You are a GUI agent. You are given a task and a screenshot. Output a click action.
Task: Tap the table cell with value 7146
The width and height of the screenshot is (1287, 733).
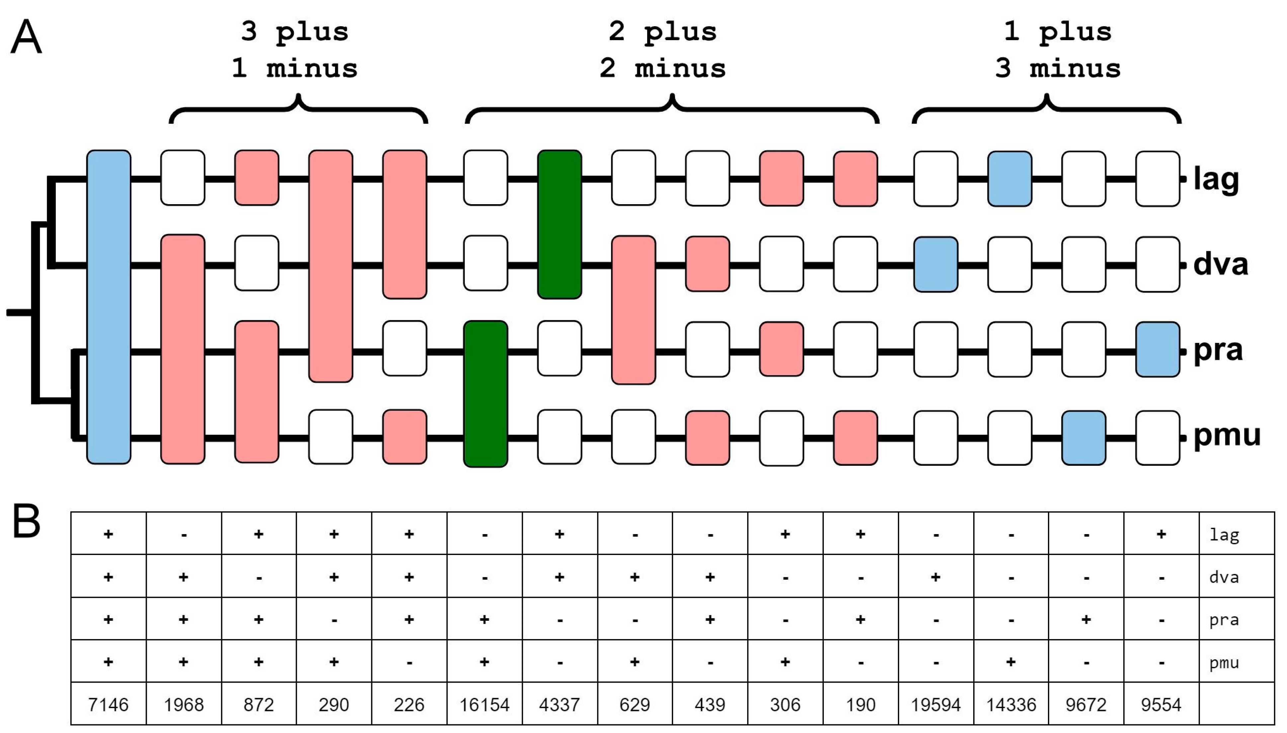click(108, 704)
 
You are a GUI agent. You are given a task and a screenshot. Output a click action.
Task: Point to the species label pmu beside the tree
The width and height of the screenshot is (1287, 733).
click(1227, 436)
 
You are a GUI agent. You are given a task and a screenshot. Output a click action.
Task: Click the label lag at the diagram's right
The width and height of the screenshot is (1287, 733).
click(1216, 179)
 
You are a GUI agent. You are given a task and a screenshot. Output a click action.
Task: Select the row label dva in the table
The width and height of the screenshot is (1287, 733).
click(1224, 577)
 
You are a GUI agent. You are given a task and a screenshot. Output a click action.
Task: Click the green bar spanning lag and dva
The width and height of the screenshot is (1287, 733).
click(559, 224)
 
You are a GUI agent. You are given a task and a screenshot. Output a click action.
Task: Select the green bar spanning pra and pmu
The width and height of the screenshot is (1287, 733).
click(485, 394)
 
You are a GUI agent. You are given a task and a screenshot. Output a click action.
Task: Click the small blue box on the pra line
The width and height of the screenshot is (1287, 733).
click(1157, 349)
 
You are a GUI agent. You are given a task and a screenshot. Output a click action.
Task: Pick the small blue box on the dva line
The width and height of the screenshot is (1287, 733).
click(936, 264)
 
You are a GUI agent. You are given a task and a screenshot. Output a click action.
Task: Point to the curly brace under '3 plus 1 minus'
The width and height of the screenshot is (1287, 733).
click(299, 108)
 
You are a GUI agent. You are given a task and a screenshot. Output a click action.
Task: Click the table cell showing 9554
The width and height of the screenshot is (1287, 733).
click(1160, 704)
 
